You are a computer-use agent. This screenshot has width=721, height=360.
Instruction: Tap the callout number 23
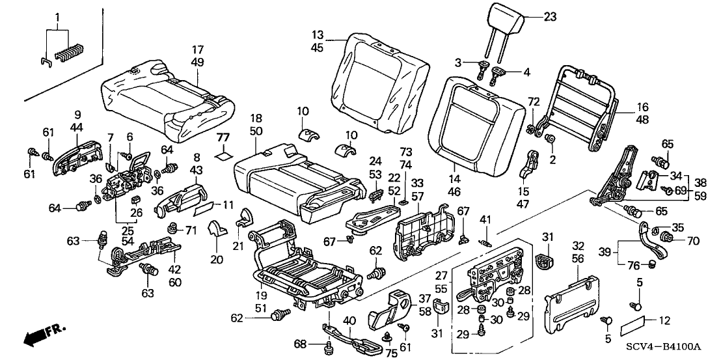(x=550, y=18)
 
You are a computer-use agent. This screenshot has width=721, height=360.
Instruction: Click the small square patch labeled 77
(x=224, y=155)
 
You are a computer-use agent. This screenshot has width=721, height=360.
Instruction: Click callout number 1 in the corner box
(x=57, y=16)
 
